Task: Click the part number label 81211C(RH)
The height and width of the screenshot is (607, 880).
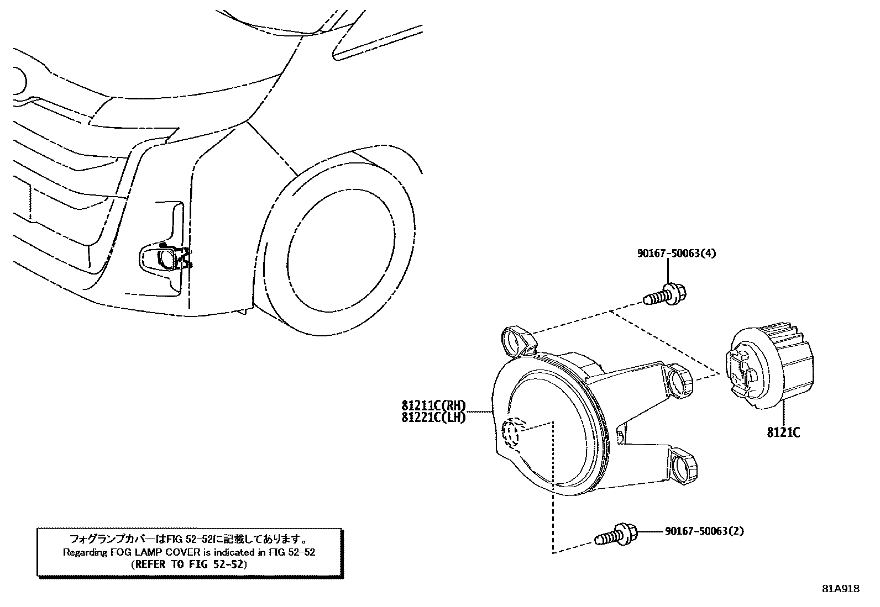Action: (x=434, y=407)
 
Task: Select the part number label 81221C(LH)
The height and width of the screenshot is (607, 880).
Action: (x=434, y=418)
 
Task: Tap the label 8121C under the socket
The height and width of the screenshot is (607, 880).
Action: (x=783, y=432)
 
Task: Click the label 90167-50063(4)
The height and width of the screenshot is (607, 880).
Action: (x=677, y=254)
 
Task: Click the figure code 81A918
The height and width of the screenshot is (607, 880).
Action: (x=841, y=589)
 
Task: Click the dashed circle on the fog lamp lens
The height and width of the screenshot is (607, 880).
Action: (x=512, y=432)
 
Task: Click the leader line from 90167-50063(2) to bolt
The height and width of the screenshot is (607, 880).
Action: (x=650, y=532)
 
